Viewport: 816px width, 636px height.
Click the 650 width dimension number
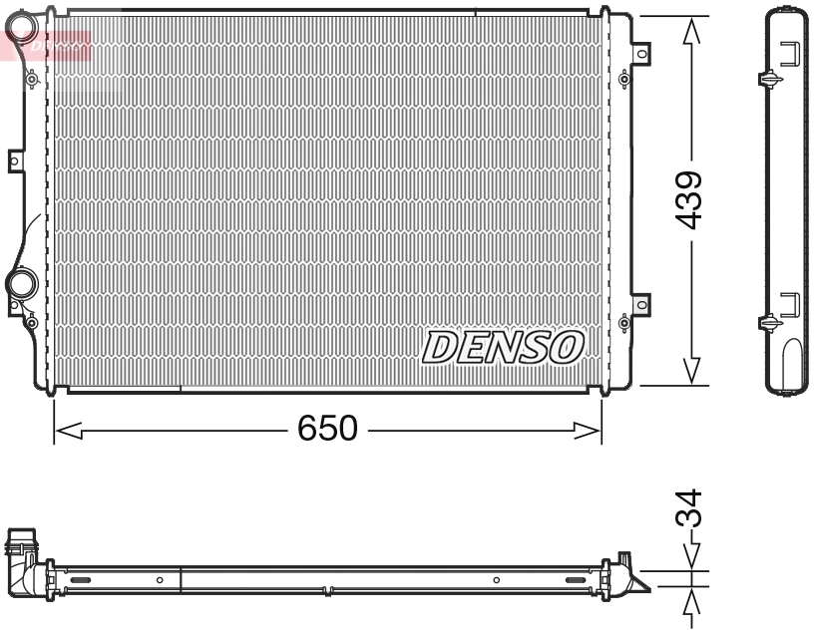pyautogui.click(x=327, y=429)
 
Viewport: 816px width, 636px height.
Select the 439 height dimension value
pyautogui.click(x=689, y=199)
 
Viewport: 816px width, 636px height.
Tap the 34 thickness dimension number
pyautogui.click(x=689, y=510)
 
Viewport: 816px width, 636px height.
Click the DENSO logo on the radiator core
pyautogui.click(x=503, y=347)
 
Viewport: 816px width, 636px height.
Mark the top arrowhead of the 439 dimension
pyautogui.click(x=689, y=30)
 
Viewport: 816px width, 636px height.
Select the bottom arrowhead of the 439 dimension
pyautogui.click(x=689, y=371)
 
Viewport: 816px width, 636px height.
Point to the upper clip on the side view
pyautogui.click(x=771, y=78)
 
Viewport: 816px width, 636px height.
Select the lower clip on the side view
pyautogui.click(x=771, y=321)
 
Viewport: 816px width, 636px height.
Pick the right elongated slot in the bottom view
pyautogui.click(x=578, y=579)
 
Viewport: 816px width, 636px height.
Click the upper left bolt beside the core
pyautogui.click(x=32, y=78)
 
